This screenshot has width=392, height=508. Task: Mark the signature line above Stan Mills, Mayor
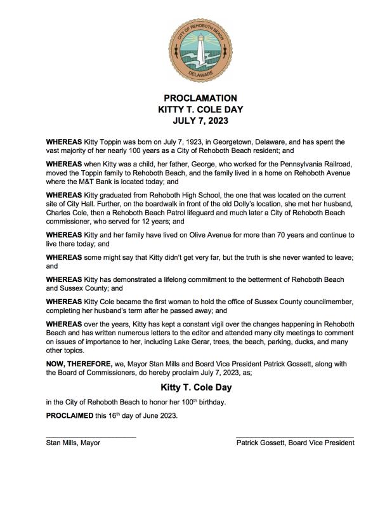tap(91, 436)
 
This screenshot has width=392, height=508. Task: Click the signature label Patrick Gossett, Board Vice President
tap(295, 443)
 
